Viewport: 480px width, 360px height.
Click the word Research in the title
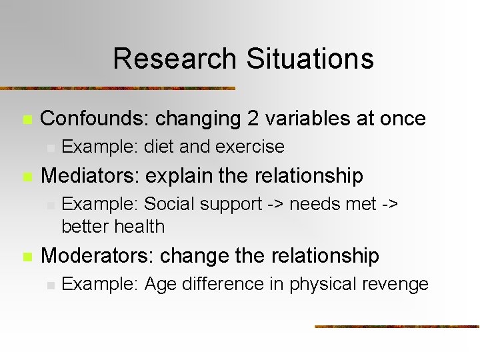(x=175, y=59)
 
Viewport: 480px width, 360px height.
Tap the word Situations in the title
(x=309, y=59)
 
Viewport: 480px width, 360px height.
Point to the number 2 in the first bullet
(x=253, y=119)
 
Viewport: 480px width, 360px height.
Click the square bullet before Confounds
(x=27, y=120)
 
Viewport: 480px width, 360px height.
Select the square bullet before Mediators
(x=27, y=177)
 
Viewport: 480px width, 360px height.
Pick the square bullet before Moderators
(x=27, y=257)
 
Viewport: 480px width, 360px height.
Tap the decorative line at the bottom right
(x=397, y=326)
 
